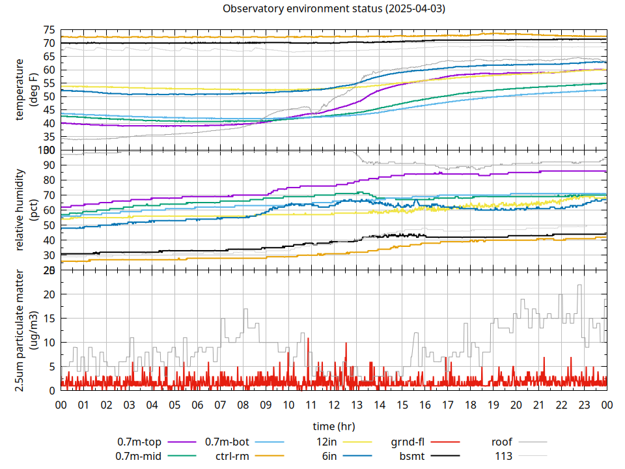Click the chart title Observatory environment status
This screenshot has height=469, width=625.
(x=334, y=9)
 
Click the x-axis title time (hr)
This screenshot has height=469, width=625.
(x=333, y=427)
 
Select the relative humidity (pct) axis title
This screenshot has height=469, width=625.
(x=25, y=210)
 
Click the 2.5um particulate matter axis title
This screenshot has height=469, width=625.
(x=25, y=330)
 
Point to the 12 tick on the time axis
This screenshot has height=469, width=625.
(x=334, y=405)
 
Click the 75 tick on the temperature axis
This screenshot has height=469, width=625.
(x=49, y=30)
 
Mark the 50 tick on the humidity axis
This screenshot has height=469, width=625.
(x=49, y=225)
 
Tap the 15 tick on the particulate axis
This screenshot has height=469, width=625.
(x=49, y=319)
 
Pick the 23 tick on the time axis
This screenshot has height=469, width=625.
(x=584, y=405)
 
